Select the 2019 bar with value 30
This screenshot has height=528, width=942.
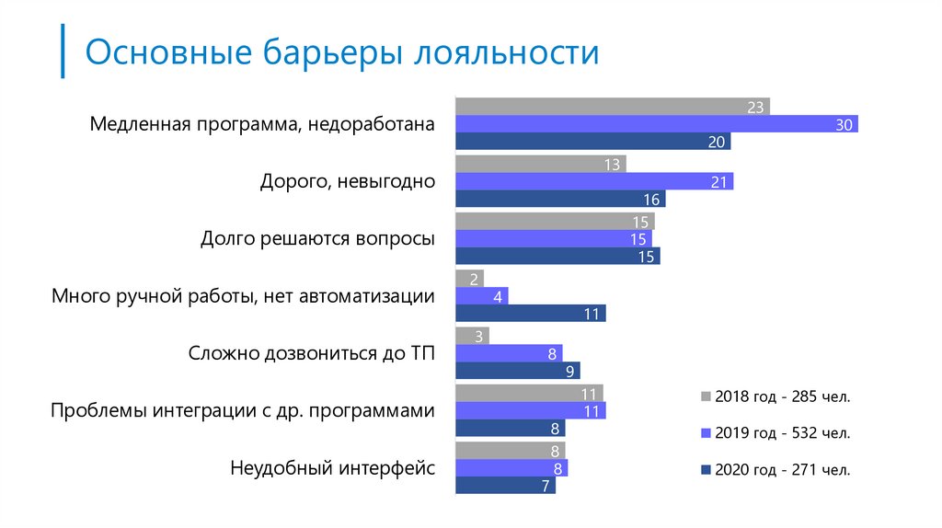coord(656,124)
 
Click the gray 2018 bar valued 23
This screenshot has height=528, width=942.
coord(612,107)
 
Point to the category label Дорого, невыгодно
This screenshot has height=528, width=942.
coord(347,181)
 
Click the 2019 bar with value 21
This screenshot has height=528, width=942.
coord(594,182)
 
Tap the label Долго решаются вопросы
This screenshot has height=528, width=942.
coord(317,239)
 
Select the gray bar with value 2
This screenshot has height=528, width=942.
coord(469,279)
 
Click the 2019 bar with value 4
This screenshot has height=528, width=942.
coord(481,296)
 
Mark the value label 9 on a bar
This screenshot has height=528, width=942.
coord(570,372)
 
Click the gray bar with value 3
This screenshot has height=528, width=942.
coord(472,337)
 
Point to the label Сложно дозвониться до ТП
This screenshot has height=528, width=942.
coord(311,353)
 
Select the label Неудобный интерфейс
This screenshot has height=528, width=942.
coord(332,467)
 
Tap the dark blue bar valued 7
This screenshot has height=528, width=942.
coord(506,486)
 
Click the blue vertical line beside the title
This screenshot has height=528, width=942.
coord(63,52)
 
